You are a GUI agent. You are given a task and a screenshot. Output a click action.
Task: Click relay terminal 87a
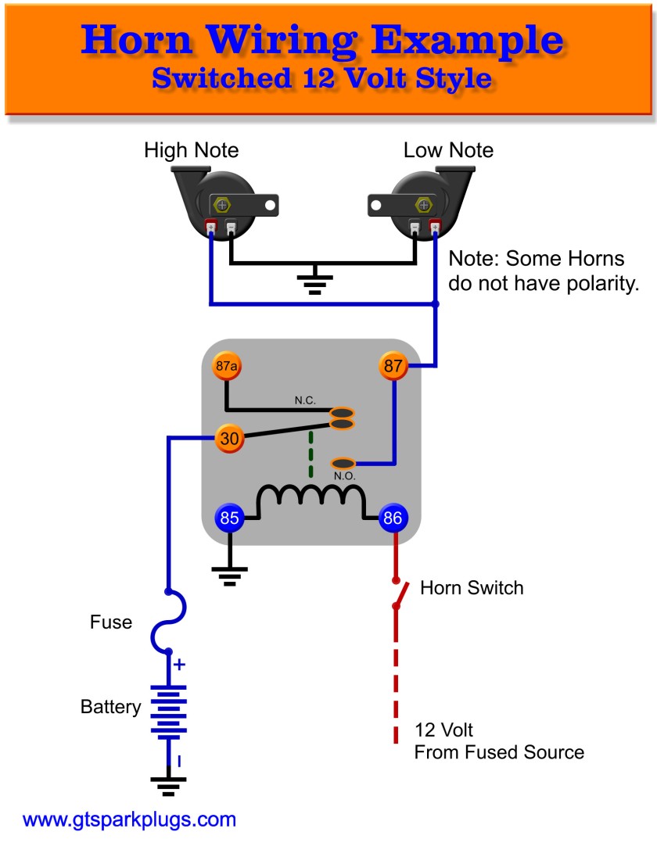[x=225, y=365]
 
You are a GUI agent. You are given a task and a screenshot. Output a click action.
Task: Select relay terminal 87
[x=393, y=365]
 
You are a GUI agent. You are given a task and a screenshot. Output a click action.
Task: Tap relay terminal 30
[x=229, y=439]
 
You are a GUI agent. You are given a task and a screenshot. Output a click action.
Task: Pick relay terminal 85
[x=229, y=517]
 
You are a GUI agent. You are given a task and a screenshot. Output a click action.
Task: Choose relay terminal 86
[x=393, y=517]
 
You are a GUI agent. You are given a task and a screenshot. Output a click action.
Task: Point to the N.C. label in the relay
[x=305, y=400]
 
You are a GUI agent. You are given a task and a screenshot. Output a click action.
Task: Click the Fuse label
[x=111, y=623]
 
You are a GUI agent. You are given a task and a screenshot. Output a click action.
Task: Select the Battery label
[x=111, y=707]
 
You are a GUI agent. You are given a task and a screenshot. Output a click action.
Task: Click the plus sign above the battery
[x=179, y=665]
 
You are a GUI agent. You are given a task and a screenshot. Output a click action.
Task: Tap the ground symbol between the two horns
[x=314, y=283]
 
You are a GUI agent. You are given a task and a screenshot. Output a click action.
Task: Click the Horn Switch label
[x=472, y=588]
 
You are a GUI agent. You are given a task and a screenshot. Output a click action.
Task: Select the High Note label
[x=192, y=150]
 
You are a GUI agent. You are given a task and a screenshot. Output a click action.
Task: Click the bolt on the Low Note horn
[x=424, y=205]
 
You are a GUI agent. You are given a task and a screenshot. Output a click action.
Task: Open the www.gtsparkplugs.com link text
[x=129, y=820]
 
